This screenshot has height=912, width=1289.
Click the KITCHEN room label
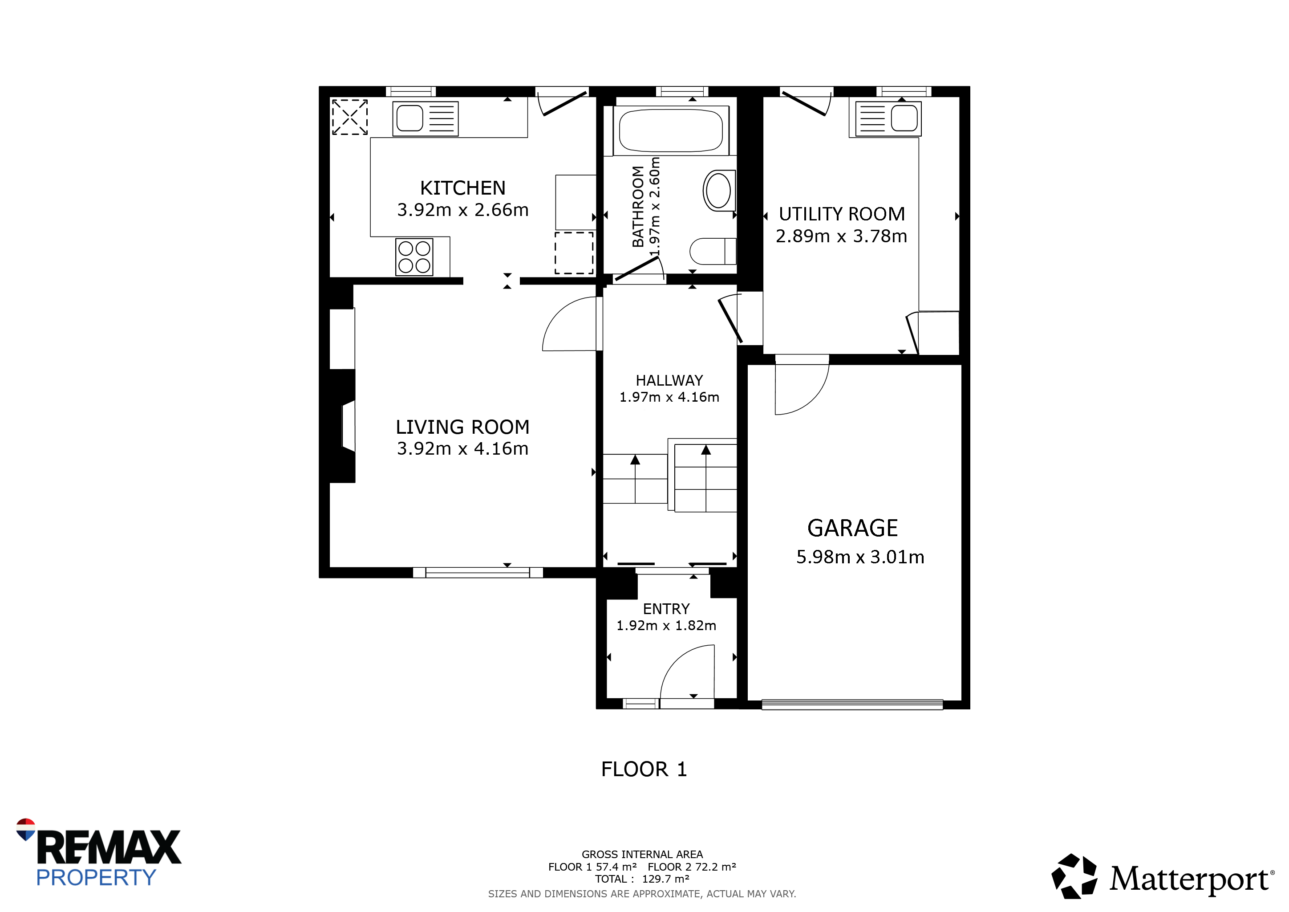click(462, 187)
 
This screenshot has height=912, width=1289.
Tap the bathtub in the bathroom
click(671, 130)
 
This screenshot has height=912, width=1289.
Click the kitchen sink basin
click(410, 118)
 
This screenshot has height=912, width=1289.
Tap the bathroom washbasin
click(718, 191)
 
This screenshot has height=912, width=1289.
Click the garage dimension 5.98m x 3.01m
click(860, 557)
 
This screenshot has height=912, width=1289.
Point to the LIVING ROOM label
click(462, 427)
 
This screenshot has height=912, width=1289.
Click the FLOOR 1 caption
click(644, 769)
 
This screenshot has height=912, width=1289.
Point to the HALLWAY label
click(669, 381)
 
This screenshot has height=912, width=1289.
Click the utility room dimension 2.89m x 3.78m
click(841, 236)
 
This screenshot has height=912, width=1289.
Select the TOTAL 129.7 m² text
click(642, 879)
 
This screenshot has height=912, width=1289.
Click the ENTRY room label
click(666, 609)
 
